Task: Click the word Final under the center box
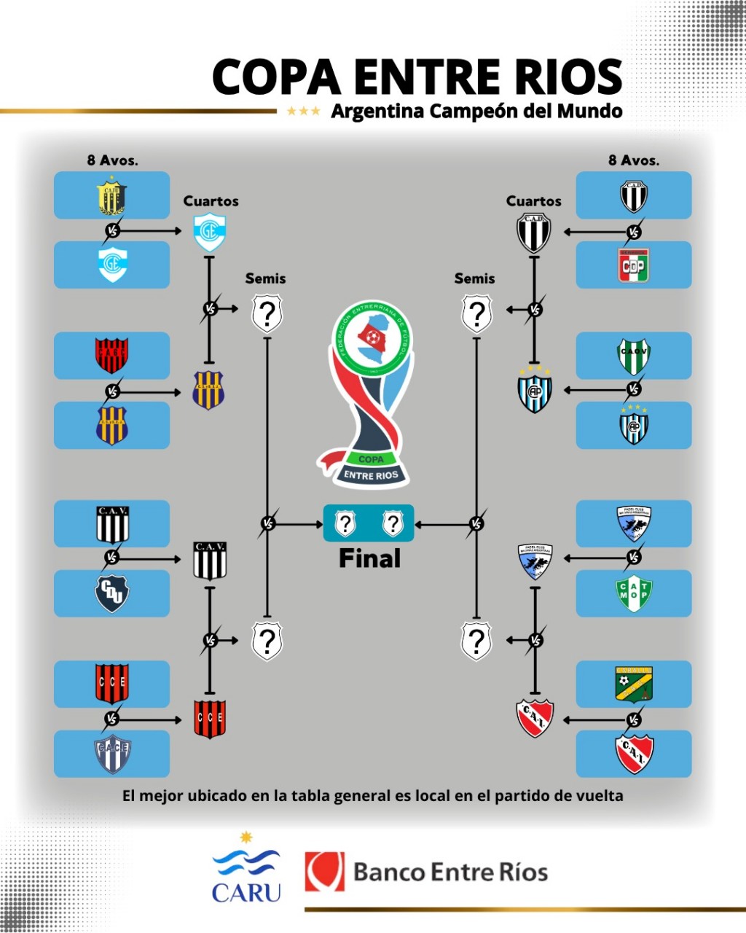coord(369,559)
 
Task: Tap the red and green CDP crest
coord(633,265)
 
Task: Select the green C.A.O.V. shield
coord(633,356)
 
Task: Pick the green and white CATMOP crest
coord(633,594)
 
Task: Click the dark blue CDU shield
coord(111,594)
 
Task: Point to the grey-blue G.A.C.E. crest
coord(111,754)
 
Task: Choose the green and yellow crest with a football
coord(633,684)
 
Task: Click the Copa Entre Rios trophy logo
coord(370,394)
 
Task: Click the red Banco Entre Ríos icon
coord(324,872)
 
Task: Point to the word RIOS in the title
coord(562,77)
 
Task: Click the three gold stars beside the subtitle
coord(303,112)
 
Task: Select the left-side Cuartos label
coord(211,201)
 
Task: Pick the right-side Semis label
coord(474,278)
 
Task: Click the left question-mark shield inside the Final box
coord(345,523)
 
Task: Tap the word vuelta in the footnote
coord(597,795)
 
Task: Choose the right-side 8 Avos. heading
coord(634,160)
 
